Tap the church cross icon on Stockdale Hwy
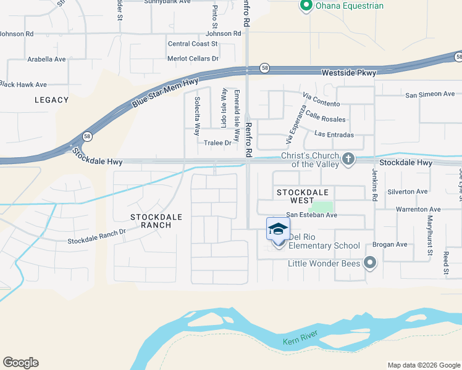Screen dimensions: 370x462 pyautogui.click(x=348, y=159)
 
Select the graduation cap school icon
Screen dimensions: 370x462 pyautogui.click(x=278, y=229)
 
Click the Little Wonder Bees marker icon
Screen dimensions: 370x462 pyautogui.click(x=370, y=263)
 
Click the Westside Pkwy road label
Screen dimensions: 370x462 pyautogui.click(x=348, y=73)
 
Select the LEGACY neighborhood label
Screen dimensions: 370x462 pyautogui.click(x=52, y=100)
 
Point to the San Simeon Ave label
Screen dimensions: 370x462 pyautogui.click(x=430, y=94)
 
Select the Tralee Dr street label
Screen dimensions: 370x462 pyautogui.click(x=217, y=143)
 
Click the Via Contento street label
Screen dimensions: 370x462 pyautogui.click(x=321, y=103)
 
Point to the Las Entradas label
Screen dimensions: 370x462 pyautogui.click(x=334, y=134)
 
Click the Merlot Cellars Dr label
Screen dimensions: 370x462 pyautogui.click(x=193, y=59)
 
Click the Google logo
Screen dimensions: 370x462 pyautogui.click(x=20, y=363)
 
